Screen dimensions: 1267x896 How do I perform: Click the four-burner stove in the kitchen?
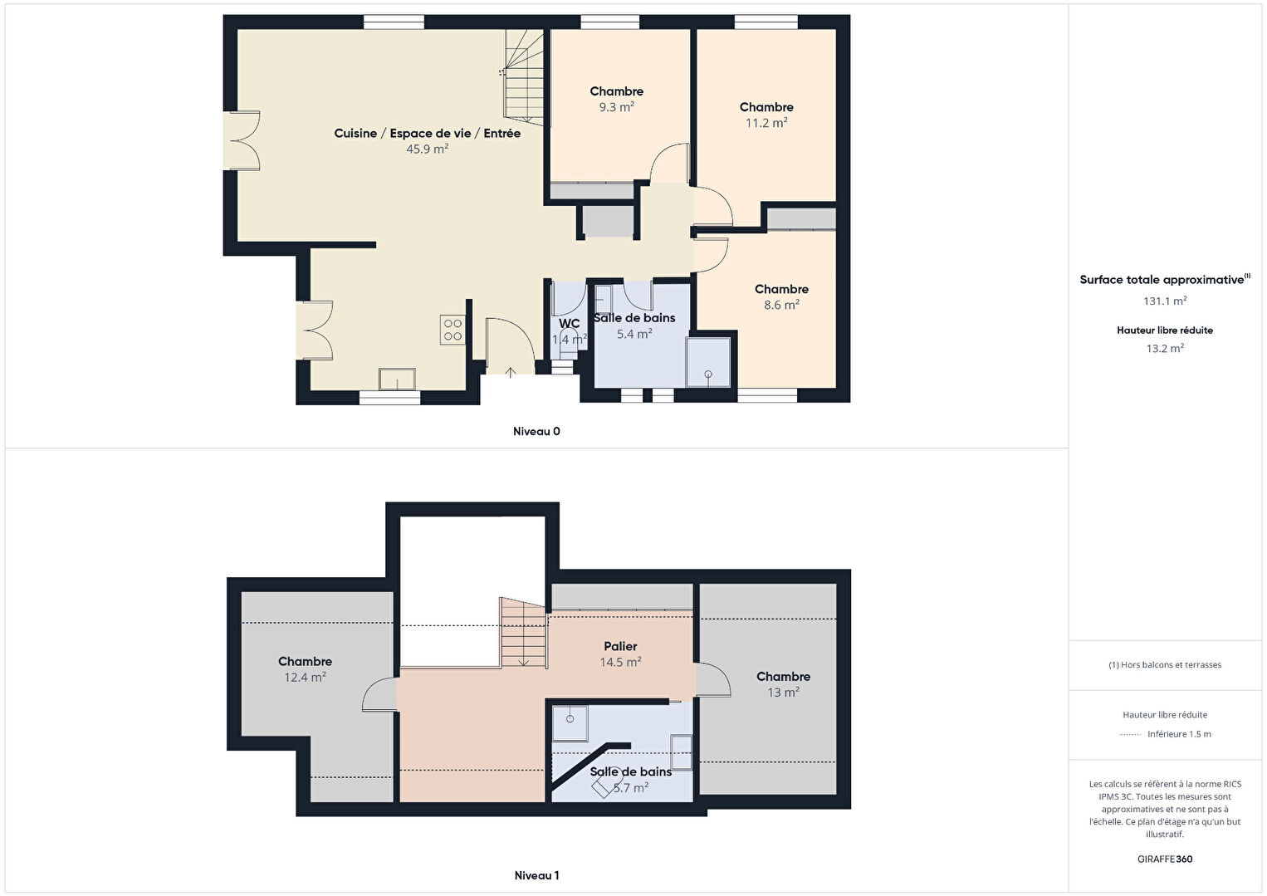pyautogui.click(x=452, y=330)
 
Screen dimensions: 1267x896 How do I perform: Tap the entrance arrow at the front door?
pyautogui.click(x=510, y=372)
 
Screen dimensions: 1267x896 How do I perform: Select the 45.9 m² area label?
pyautogui.click(x=427, y=149)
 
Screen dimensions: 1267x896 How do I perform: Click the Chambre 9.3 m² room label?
pyautogui.click(x=617, y=99)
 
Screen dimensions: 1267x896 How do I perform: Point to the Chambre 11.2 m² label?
pyautogui.click(x=766, y=115)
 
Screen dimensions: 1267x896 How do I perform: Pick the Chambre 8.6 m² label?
pyautogui.click(x=781, y=297)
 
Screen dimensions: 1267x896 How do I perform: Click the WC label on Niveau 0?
pyautogui.click(x=569, y=324)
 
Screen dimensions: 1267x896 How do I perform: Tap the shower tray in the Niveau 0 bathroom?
pyautogui.click(x=708, y=363)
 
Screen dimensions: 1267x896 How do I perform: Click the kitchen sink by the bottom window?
pyautogui.click(x=397, y=379)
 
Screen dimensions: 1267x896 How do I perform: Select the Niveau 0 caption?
pyautogui.click(x=536, y=431)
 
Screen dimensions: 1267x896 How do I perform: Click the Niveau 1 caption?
pyautogui.click(x=537, y=875)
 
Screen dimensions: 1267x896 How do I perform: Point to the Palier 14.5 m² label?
pyautogui.click(x=620, y=654)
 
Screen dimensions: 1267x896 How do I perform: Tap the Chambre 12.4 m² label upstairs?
pyautogui.click(x=305, y=669)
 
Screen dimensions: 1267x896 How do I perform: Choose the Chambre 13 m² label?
pyautogui.click(x=784, y=684)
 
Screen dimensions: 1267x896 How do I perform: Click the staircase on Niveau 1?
pyautogui.click(x=523, y=633)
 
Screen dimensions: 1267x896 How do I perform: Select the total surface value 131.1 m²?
pyautogui.click(x=1165, y=301)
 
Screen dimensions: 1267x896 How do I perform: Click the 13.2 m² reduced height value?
pyautogui.click(x=1165, y=349)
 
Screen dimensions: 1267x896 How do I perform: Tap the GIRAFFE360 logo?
pyautogui.click(x=1165, y=859)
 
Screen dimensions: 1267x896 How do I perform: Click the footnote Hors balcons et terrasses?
pyautogui.click(x=1165, y=664)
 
